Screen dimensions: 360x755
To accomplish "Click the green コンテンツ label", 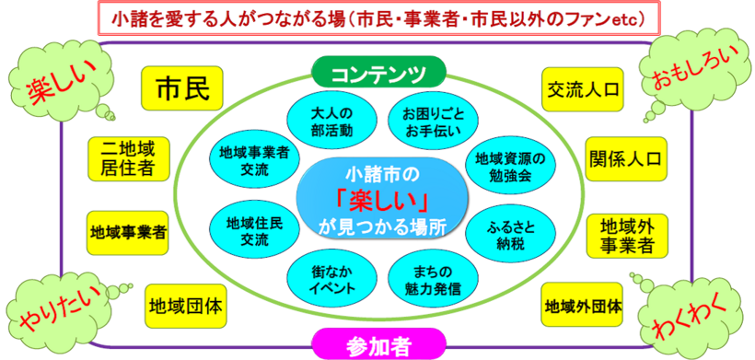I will pos(378,71).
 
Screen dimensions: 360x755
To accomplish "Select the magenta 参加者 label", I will pos(378,344).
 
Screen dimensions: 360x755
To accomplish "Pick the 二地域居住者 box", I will pos(128,158).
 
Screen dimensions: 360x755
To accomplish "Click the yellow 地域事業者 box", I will pos(128,230).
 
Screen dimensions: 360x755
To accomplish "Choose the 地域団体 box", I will pos(187,302).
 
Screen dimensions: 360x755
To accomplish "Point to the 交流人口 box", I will pos(582,89).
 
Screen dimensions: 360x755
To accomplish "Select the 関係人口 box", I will pos(626,157).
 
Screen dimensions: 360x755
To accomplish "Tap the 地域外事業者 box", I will pos(627,235).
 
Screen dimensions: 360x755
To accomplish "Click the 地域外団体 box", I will pos(583,304).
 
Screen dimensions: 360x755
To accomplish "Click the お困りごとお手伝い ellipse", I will pos(426,121).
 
